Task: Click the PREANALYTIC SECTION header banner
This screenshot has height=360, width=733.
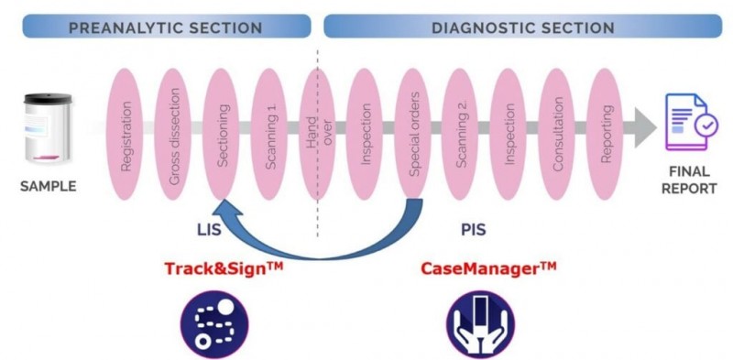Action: point(166,27)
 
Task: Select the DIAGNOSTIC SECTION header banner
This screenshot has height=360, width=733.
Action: point(522,27)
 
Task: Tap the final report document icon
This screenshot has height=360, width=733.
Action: point(688,128)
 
